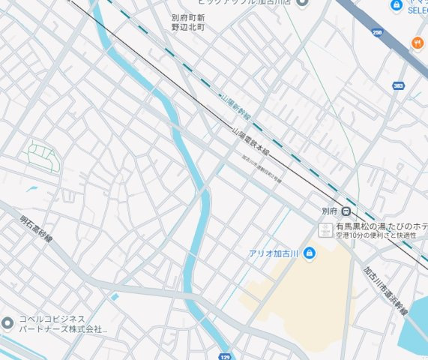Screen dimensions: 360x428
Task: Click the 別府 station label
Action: pos(329,211)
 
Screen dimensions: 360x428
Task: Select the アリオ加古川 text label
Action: pos(274,253)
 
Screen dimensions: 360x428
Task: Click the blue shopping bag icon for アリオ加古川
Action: pos(310,253)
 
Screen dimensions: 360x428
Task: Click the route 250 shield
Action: pos(377,32)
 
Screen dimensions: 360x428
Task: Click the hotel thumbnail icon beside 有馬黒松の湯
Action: pos(325,229)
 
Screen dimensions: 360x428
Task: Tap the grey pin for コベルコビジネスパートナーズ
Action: pos(7,324)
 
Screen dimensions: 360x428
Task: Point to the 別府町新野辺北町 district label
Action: pos(187,22)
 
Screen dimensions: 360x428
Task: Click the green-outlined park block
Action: pos(40,156)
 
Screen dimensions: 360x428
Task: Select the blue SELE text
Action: pos(417,10)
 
